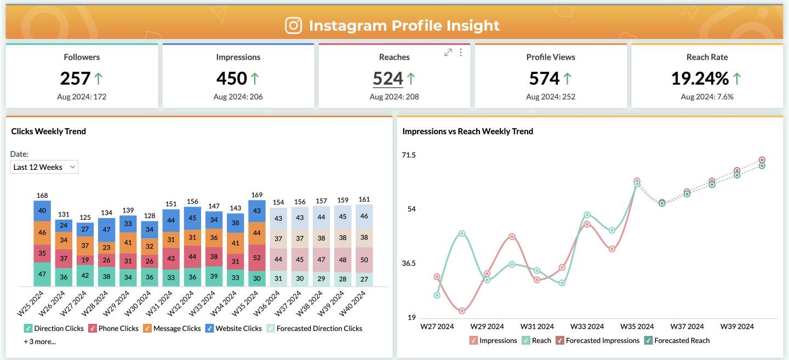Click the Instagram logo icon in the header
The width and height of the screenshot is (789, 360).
pos(294,26)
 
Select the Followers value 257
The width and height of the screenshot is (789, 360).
pos(75,79)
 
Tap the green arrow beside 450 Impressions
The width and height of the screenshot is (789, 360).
pos(255,79)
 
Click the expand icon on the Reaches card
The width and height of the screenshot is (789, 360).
pos(448,53)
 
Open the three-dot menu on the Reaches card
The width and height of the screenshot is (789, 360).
pos(461,53)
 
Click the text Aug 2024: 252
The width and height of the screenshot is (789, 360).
pos(551,97)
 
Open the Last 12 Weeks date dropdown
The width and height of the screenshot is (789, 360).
pos(44,167)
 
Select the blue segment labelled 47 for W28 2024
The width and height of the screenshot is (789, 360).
pos(107,230)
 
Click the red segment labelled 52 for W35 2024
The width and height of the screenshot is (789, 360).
pos(258,258)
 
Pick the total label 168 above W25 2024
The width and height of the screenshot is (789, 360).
pos(42,196)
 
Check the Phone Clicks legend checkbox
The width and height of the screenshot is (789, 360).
pos(93,329)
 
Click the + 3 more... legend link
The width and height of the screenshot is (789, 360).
pos(39,341)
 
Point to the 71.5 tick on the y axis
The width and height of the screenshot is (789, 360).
pos(409,155)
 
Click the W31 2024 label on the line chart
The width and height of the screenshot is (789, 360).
pos(536,327)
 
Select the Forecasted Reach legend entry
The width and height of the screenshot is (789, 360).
pos(682,340)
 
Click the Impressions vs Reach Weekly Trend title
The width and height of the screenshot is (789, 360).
pos(467,132)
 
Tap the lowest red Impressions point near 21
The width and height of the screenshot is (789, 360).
pos(462,311)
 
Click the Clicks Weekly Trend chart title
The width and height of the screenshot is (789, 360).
pos(49,132)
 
